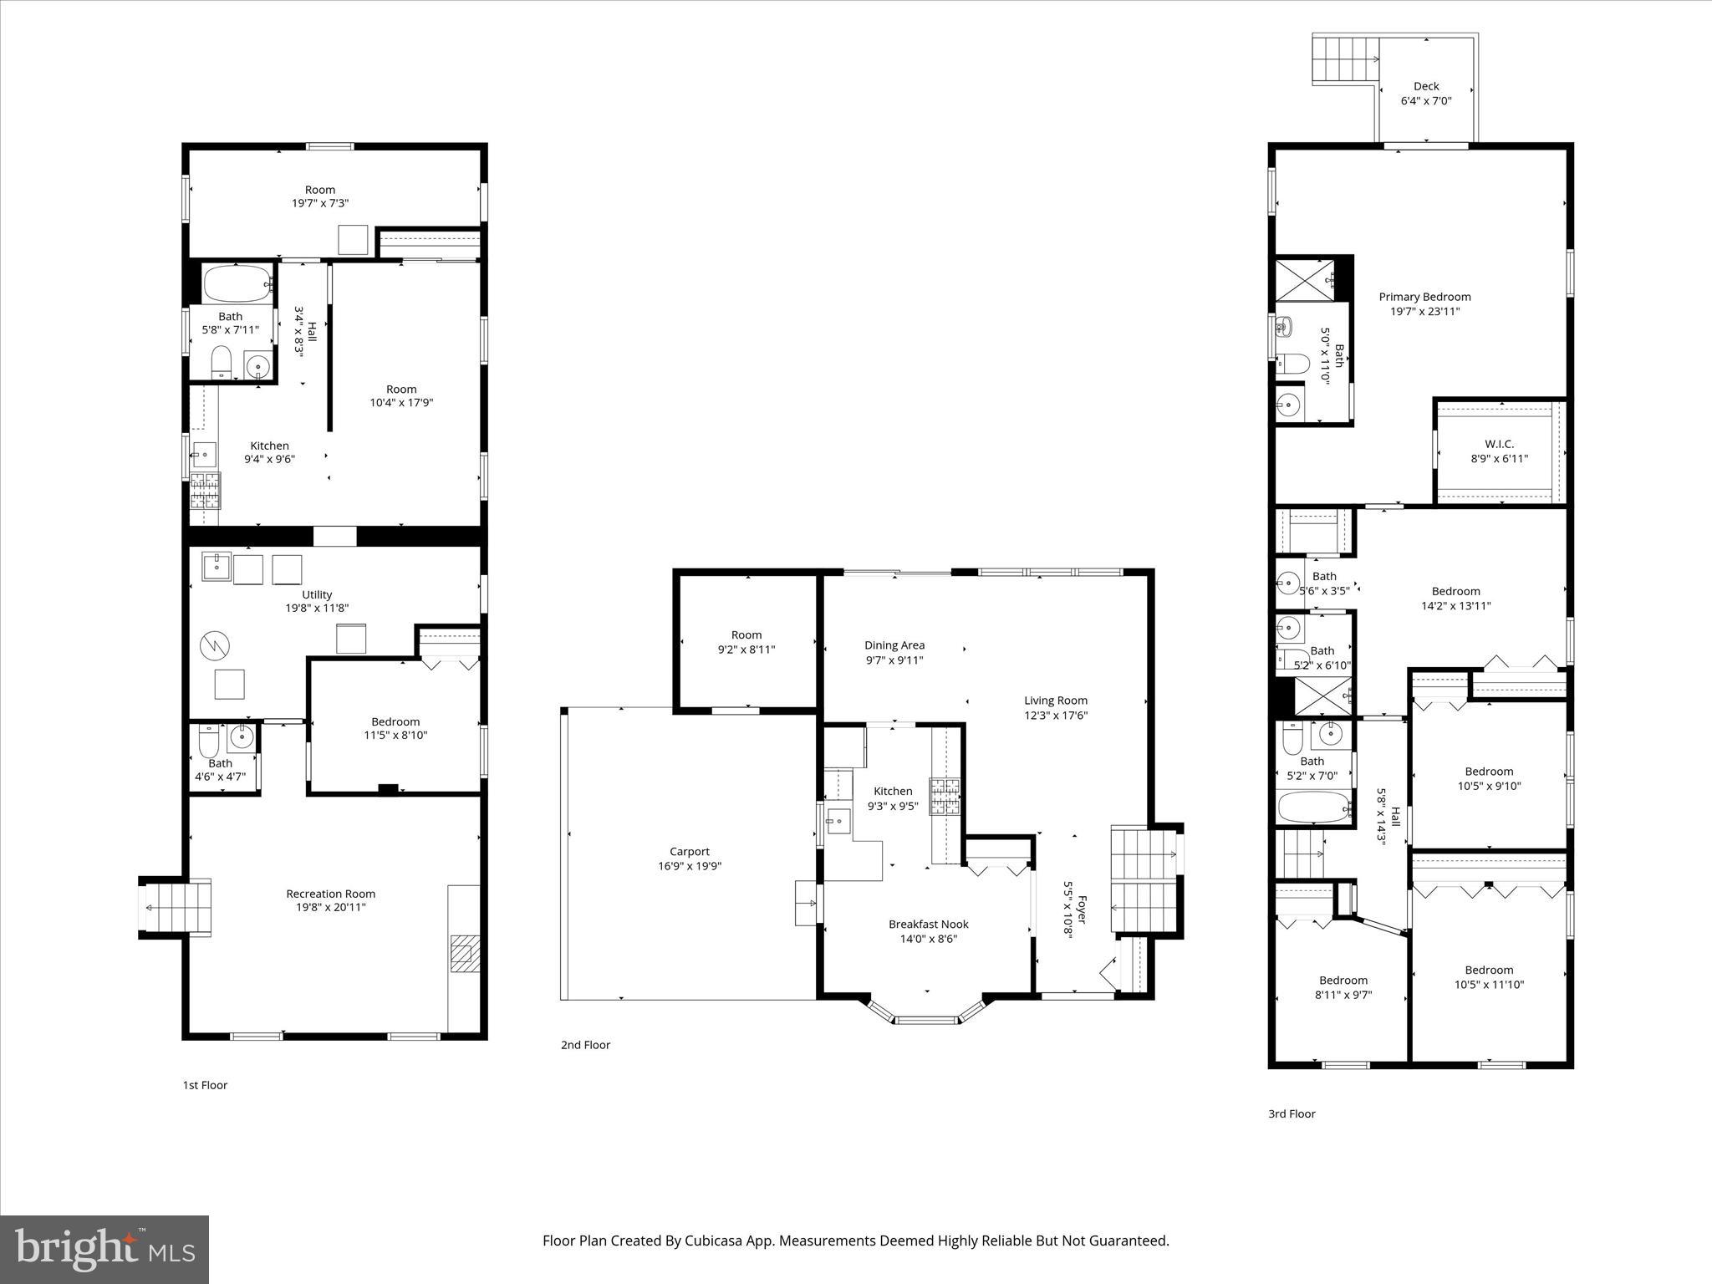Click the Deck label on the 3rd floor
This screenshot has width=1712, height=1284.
[x=1426, y=86]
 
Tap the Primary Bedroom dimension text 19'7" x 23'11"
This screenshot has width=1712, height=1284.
[x=1424, y=312]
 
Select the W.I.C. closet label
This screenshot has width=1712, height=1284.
[x=1499, y=444]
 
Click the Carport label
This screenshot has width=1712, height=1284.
[x=689, y=852]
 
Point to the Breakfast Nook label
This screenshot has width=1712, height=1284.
[x=928, y=924]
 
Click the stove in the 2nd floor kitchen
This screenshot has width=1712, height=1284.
[x=945, y=796]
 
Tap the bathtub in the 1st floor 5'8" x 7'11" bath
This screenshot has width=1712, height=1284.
[x=237, y=284]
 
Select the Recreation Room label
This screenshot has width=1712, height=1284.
[x=330, y=894]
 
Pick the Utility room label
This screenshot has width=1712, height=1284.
[x=317, y=594]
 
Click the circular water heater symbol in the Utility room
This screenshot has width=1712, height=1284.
[x=214, y=645]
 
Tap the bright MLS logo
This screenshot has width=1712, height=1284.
[x=104, y=1249]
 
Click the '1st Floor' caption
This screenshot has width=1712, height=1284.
[x=205, y=1085]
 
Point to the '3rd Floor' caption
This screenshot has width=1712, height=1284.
[x=1292, y=1113]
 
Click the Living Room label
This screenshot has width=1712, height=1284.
[x=1056, y=701]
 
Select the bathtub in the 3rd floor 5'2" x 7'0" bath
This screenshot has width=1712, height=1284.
[x=1313, y=808]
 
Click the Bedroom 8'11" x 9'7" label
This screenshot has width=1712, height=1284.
[x=1343, y=981]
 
